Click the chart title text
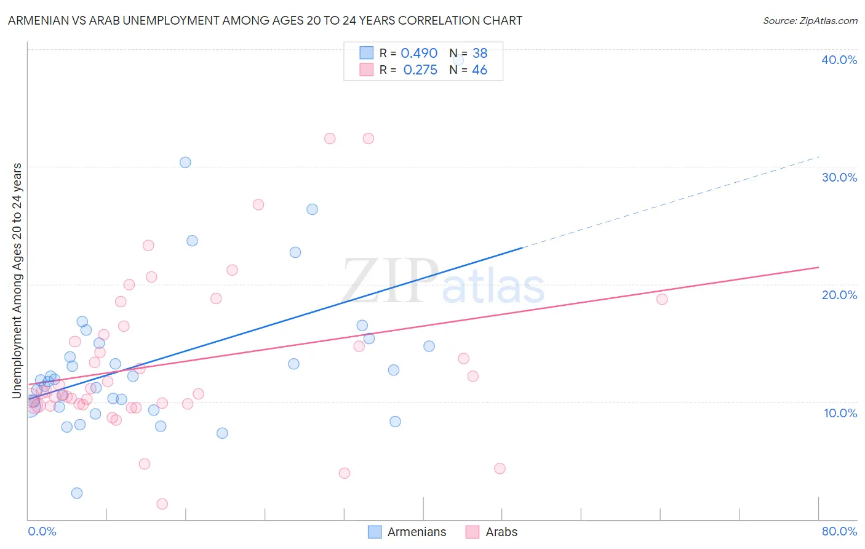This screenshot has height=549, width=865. [x=265, y=20]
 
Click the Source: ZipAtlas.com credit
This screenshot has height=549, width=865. [x=810, y=20]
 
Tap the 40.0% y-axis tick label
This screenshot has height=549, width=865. [x=839, y=60]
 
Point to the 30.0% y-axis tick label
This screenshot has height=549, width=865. [x=839, y=177]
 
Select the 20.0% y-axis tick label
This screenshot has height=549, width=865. [x=839, y=295]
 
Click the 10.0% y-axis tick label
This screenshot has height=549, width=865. [x=840, y=413]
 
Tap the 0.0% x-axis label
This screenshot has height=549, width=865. [x=42, y=531]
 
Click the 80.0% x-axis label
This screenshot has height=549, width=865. [x=839, y=531]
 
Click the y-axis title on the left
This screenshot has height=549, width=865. [x=17, y=281]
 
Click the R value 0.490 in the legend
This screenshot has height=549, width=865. [x=419, y=54]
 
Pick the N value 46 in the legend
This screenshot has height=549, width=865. [x=479, y=70]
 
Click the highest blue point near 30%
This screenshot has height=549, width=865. [x=185, y=162]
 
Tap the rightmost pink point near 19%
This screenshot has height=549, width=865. [x=662, y=299]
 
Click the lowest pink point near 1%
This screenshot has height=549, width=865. [x=162, y=504]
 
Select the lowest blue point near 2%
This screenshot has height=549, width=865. [x=77, y=493]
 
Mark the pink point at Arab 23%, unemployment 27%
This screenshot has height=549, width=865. [x=258, y=205]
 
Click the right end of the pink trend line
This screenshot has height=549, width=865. [x=818, y=267]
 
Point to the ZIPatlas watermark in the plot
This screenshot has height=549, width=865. [x=444, y=282]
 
